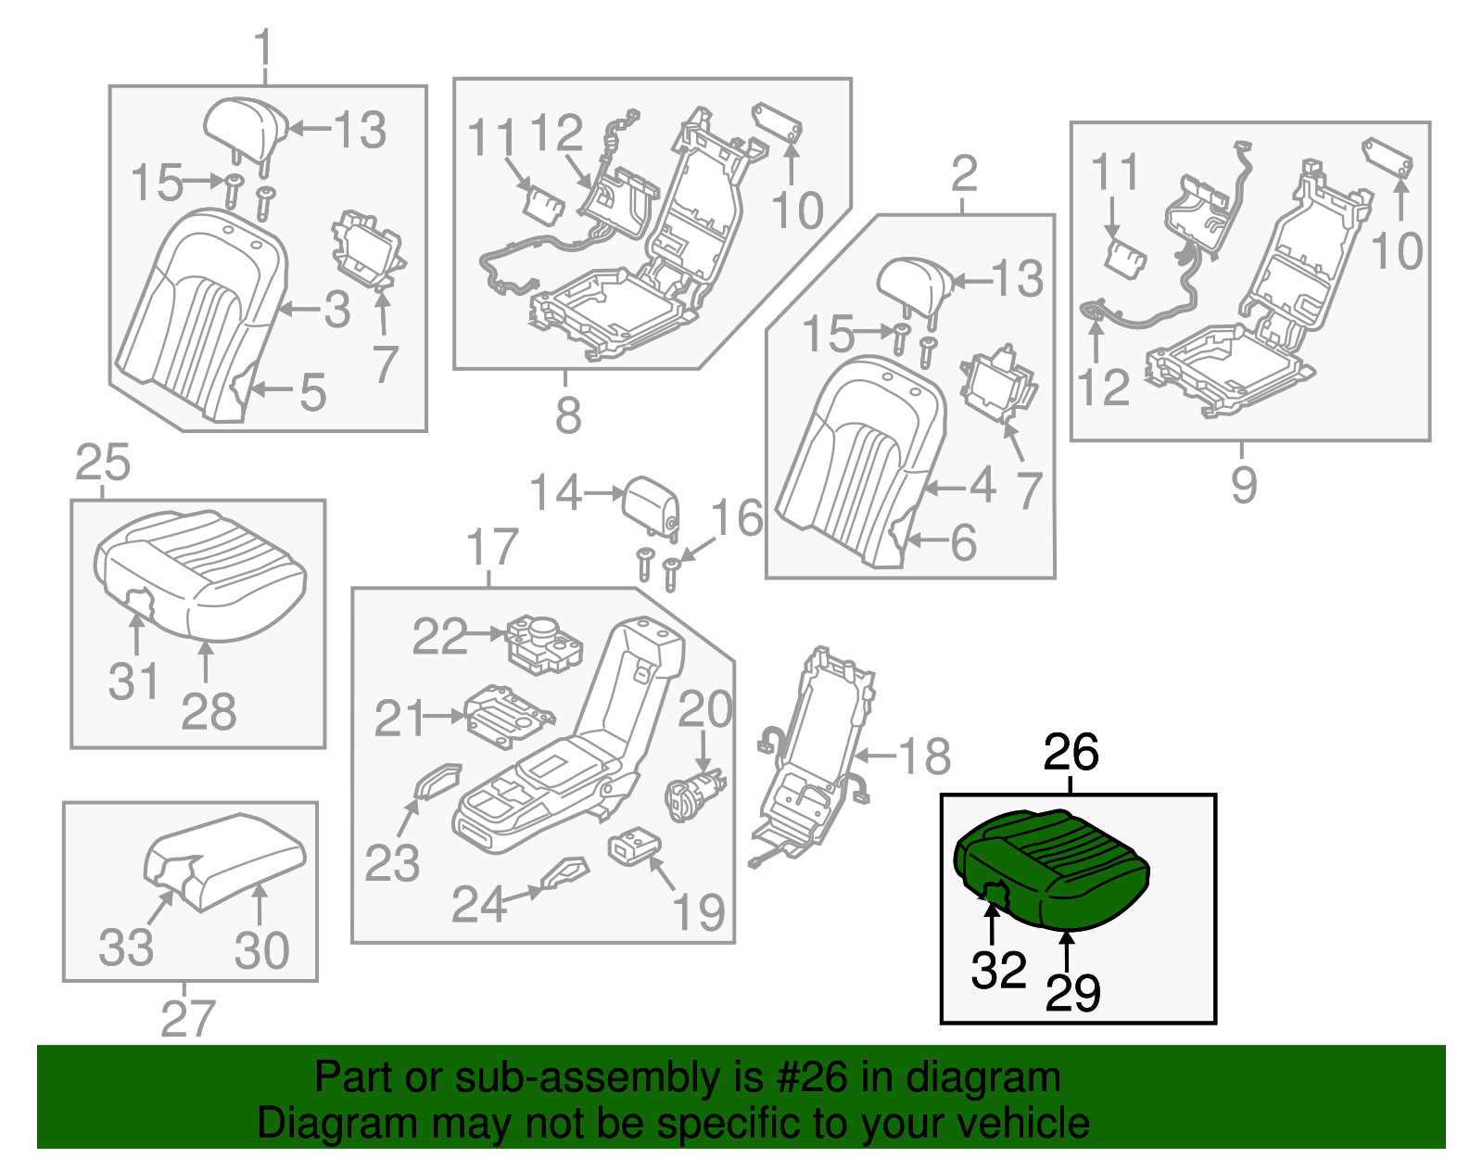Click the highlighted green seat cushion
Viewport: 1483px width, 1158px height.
point(1052,867)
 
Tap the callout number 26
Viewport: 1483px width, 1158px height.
point(1071,752)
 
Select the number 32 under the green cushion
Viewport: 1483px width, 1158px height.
point(998,970)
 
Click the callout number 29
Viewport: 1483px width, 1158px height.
point(1072,992)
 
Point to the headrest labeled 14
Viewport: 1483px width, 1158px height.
point(652,504)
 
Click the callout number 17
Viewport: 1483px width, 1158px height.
point(492,547)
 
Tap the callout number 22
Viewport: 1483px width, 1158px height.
point(439,636)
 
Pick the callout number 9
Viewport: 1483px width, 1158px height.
point(1244,484)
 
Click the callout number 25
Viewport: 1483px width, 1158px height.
point(103,462)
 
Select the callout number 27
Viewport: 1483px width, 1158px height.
point(188,1018)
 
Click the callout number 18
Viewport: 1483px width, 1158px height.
point(924,756)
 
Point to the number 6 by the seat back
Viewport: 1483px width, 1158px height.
point(964,542)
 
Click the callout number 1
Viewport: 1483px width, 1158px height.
point(264,47)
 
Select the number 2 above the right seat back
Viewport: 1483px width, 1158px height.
point(964,173)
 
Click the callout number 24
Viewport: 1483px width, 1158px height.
point(478,904)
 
